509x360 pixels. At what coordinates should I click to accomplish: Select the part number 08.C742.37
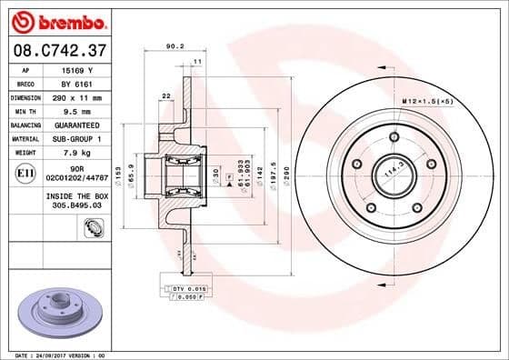pyautogui.click(x=57, y=48)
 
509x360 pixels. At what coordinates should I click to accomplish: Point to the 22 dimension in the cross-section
pyautogui.click(x=165, y=95)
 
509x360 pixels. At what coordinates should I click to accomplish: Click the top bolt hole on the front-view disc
pyautogui.click(x=394, y=137)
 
